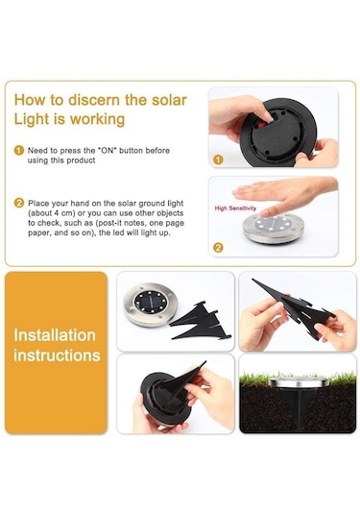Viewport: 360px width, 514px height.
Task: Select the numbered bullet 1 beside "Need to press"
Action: tap(19, 151)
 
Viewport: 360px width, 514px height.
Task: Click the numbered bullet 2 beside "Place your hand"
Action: tap(19, 203)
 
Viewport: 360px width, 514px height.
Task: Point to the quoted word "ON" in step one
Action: tap(108, 151)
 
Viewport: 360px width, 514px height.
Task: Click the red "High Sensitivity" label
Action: tap(235, 208)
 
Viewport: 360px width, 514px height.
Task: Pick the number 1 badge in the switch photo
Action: tap(218, 159)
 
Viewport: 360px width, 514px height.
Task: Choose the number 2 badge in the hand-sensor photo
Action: tap(218, 248)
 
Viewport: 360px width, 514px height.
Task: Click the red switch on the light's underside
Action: tap(262, 125)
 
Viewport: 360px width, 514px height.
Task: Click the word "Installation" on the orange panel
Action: tap(55, 335)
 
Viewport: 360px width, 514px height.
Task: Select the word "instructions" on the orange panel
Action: tap(57, 355)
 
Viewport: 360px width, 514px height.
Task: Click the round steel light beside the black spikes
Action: tap(151, 305)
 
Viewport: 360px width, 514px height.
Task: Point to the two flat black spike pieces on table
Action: tap(201, 321)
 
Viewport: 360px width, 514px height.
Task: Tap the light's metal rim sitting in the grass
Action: tap(299, 381)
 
